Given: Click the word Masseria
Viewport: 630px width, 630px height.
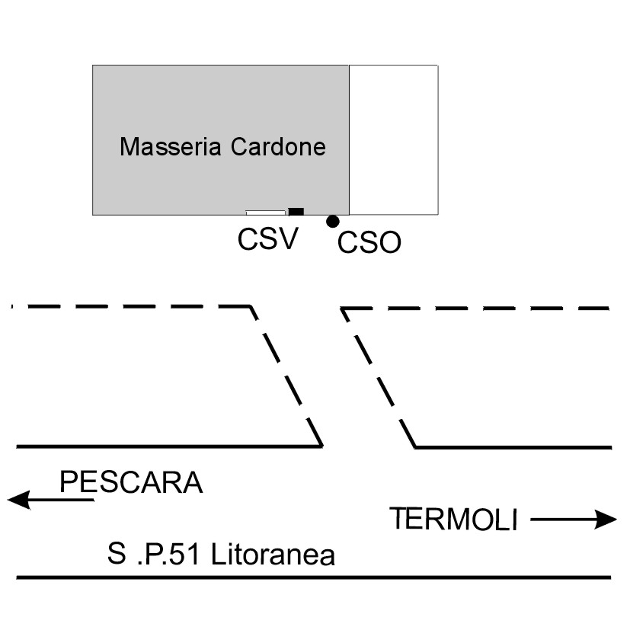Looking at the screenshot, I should [161, 146].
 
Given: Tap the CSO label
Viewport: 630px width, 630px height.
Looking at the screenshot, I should [369, 243].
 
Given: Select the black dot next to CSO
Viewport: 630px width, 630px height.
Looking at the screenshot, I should [332, 222].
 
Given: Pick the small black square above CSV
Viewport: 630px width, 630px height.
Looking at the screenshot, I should [296, 211].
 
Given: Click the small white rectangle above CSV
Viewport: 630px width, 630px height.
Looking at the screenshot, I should [265, 213].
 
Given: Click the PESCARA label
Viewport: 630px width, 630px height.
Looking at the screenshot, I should [131, 482].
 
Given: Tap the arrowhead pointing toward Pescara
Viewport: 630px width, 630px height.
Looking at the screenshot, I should [18, 500].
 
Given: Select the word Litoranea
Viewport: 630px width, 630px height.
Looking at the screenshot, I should [273, 555].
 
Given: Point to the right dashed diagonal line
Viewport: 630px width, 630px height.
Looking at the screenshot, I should [378, 377].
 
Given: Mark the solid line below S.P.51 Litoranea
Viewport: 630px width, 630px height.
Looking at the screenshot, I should [312, 577].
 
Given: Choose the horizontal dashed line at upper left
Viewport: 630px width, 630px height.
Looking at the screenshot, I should [130, 306].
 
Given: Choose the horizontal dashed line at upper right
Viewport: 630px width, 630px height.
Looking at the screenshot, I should [476, 309].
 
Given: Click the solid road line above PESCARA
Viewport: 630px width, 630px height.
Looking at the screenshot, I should [168, 446].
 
